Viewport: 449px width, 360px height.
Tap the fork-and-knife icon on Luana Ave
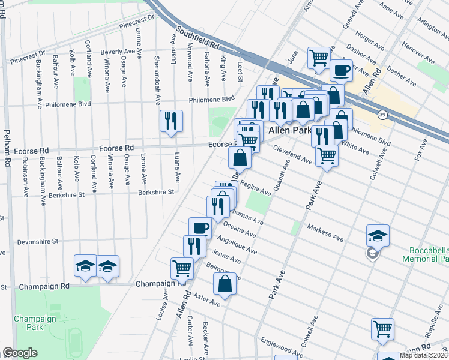click(171, 121)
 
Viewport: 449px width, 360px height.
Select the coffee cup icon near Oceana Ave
click(200, 228)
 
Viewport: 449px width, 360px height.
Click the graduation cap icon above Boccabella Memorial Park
click(378, 235)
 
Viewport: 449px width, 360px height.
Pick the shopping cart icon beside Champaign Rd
click(182, 268)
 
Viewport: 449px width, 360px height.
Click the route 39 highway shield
click(382, 114)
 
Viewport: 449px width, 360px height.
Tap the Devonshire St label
click(37, 241)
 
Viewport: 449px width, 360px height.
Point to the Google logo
click(19, 353)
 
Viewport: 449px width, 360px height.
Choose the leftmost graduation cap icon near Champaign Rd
click(86, 266)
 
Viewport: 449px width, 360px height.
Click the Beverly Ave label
click(118, 52)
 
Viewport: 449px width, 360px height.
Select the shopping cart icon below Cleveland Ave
click(327, 155)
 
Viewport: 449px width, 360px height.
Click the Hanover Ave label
click(418, 53)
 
